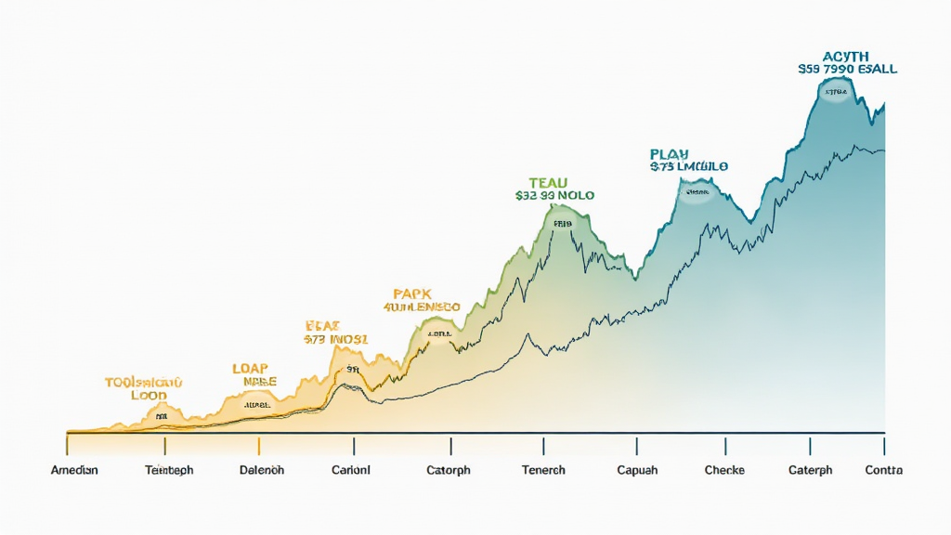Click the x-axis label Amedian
point(74,470)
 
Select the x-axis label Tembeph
point(169,470)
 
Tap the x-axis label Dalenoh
point(261,470)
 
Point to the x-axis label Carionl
point(350,470)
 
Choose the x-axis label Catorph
point(448,470)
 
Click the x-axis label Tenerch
point(543,470)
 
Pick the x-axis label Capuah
point(637,470)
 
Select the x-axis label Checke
point(724,470)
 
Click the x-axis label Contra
point(883,470)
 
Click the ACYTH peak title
point(846,56)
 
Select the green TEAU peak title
point(548,182)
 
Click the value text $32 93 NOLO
point(554,196)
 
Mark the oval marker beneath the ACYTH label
point(834,91)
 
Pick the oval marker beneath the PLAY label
point(696,193)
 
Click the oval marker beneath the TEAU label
point(563,223)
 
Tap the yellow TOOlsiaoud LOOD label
point(143,388)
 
